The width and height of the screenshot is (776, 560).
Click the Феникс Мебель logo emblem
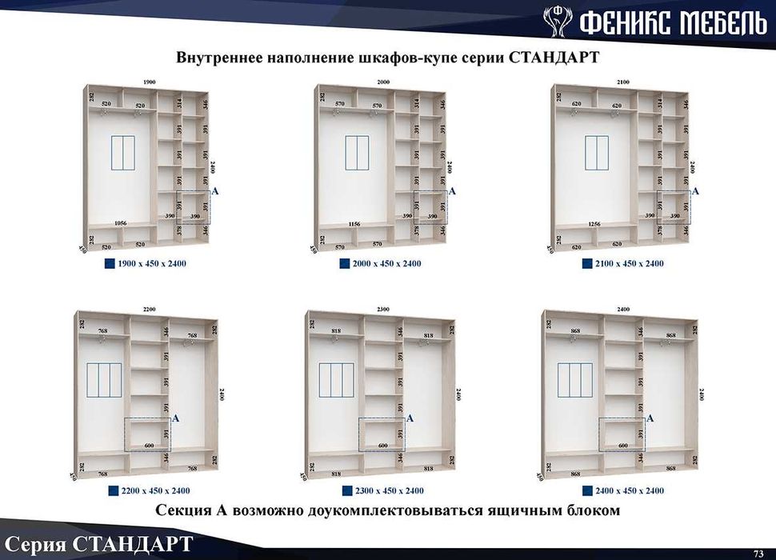coord(557,21)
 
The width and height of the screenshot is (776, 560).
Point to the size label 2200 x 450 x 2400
coord(155,490)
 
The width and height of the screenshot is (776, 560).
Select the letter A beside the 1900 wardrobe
coord(214,191)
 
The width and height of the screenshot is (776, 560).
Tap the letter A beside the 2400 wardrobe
coord(650,418)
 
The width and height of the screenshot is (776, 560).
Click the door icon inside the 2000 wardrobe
coord(357,153)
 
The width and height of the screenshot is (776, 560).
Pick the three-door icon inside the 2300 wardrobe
coord(336,380)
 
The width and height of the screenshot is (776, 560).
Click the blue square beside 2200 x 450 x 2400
coord(112,490)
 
